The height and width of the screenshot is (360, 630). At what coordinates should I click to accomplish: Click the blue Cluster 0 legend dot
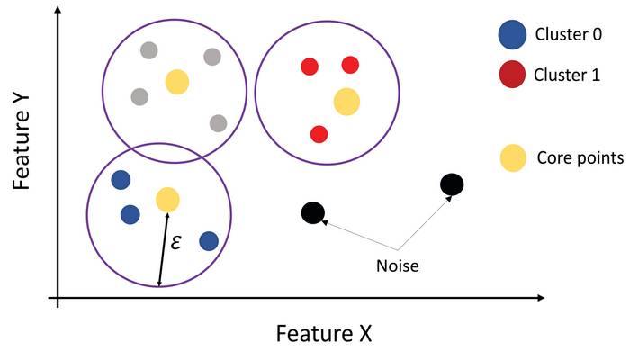click(512, 34)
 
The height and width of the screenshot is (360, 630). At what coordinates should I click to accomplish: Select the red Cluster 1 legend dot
click(512, 75)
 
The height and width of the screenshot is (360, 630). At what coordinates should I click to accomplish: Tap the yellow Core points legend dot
click(513, 157)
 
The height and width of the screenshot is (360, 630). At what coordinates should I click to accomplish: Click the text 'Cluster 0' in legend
click(568, 34)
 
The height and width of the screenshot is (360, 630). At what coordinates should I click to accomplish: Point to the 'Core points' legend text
click(580, 157)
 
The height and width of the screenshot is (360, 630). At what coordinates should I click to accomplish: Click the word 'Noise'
click(398, 266)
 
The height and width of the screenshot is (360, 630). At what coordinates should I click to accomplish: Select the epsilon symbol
click(175, 242)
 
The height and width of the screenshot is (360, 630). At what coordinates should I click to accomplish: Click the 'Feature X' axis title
click(324, 333)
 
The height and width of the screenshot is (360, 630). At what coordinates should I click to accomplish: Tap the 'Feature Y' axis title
click(22, 142)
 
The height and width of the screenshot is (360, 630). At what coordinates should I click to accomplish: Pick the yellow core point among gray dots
click(177, 82)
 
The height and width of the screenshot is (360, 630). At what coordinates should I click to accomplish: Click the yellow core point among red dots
click(346, 102)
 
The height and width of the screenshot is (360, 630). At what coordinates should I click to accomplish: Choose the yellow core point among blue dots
click(167, 199)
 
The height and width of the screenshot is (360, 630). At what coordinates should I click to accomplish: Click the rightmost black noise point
click(452, 184)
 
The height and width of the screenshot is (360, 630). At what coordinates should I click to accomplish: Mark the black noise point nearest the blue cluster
click(313, 213)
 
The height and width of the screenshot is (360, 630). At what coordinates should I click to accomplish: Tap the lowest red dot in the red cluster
click(319, 134)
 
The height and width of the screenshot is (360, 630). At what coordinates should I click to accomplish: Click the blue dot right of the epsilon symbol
click(209, 241)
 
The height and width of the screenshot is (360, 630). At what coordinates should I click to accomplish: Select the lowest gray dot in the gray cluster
click(218, 123)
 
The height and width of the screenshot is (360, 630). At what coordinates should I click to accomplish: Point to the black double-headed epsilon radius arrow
click(164, 249)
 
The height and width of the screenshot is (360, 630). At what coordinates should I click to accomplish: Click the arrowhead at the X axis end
click(541, 298)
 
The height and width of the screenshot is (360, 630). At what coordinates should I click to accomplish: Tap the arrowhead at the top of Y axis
click(58, 10)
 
